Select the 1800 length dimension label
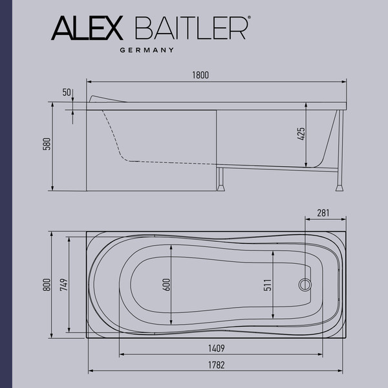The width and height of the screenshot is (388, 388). coord(200,76)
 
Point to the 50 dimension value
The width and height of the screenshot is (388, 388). coord(67,92)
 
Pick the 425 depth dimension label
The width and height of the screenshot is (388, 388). coord(301,135)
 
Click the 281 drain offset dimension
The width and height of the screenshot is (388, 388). coord(325,213)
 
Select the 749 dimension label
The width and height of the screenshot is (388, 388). coord(62,285)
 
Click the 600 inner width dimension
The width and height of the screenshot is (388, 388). coord(166,285)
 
